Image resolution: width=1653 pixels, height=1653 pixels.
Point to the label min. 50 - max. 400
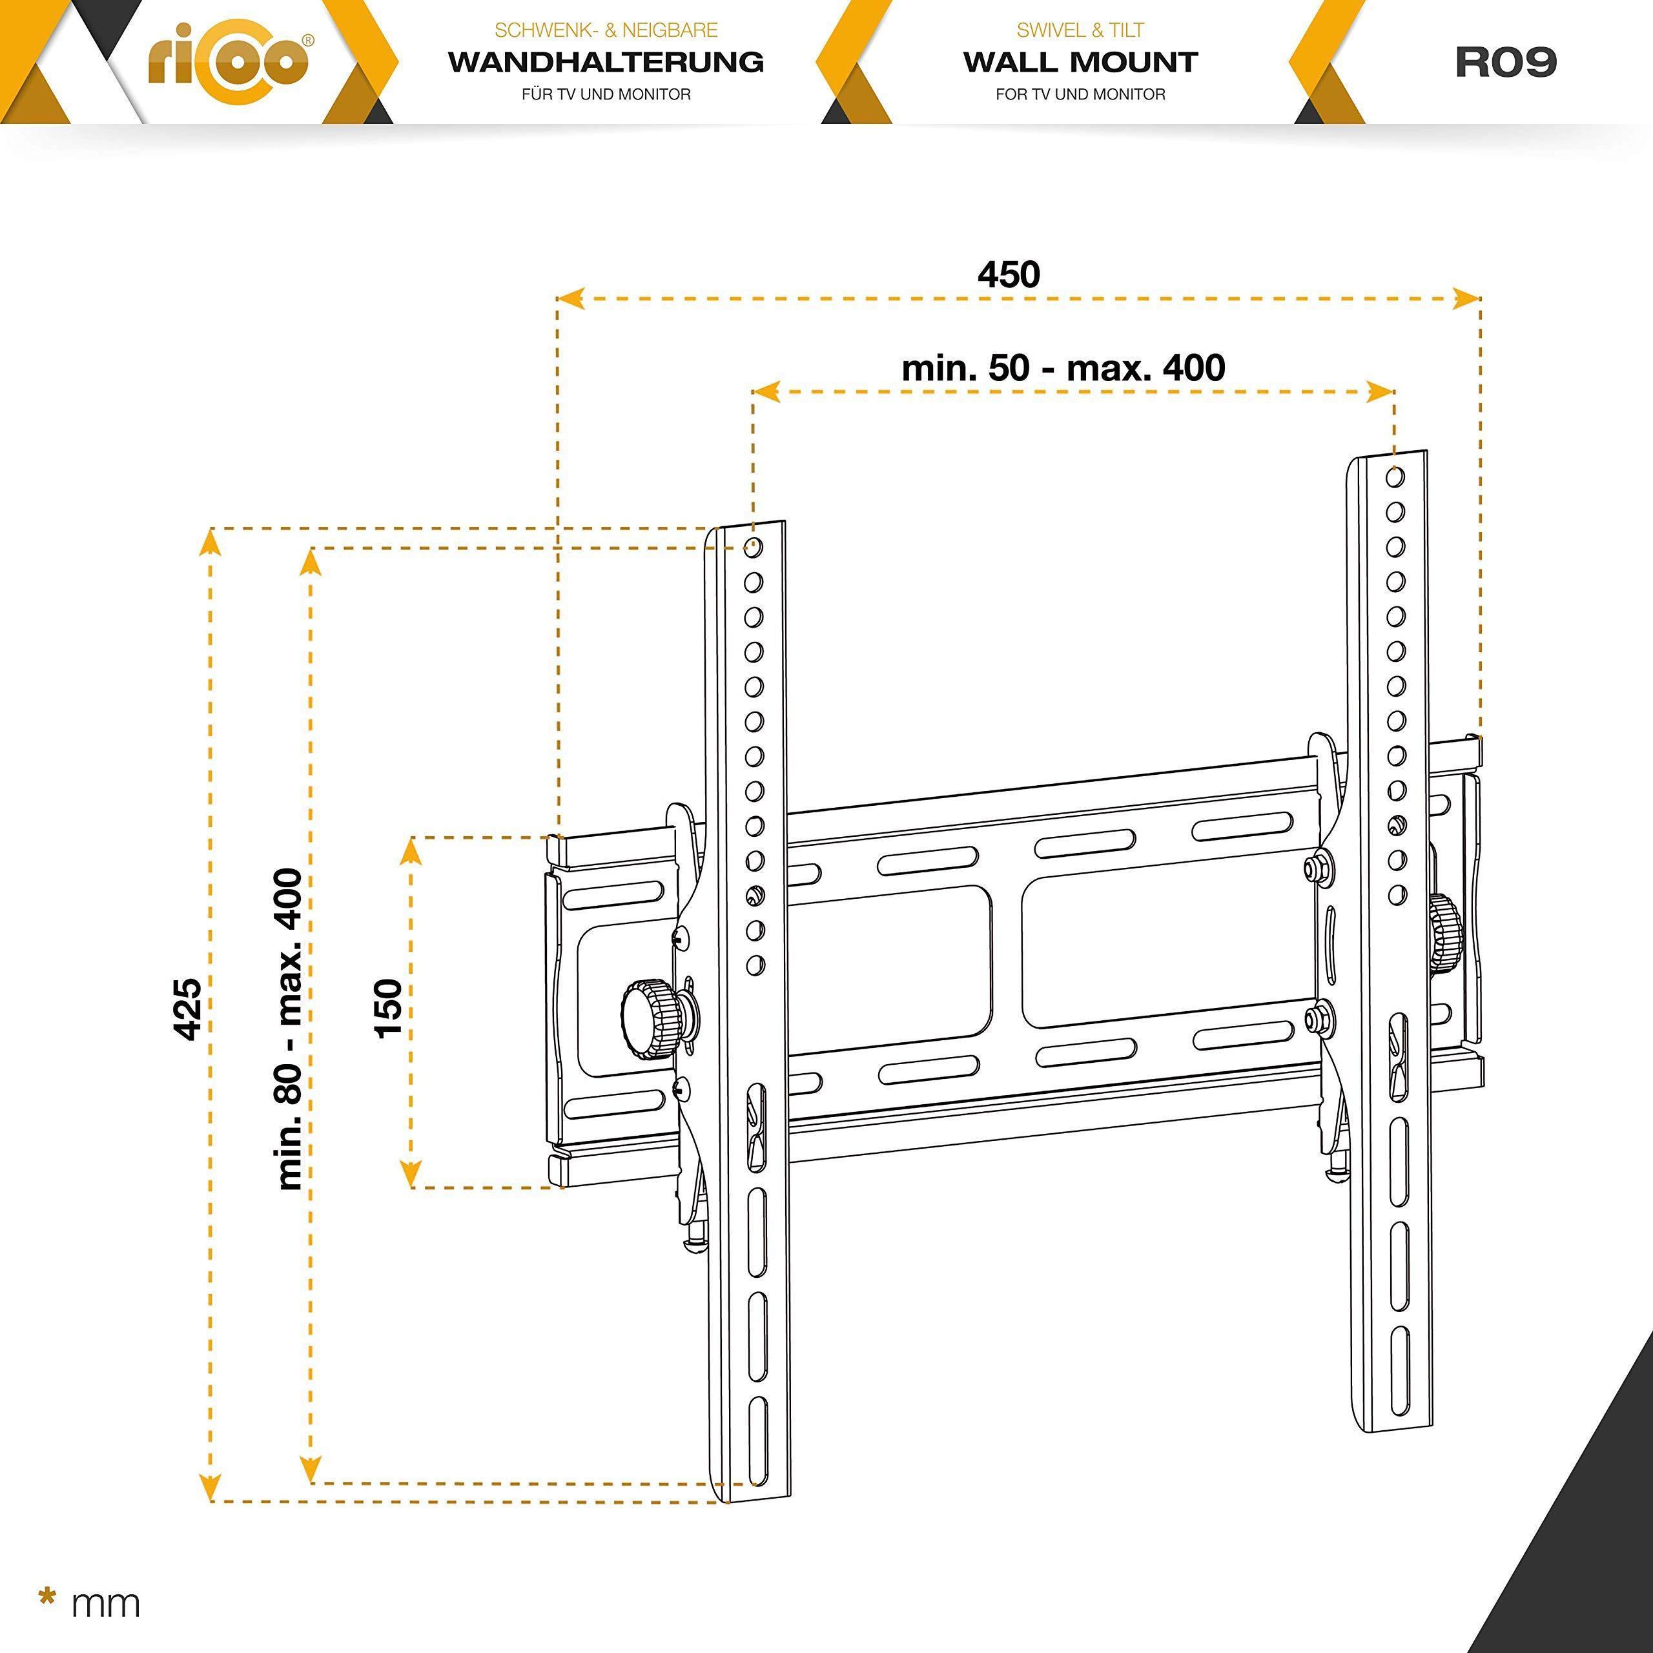tap(1063, 368)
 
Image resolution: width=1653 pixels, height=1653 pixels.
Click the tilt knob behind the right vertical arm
tap(1444, 932)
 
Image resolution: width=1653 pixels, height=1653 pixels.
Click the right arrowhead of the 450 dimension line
tap(1466, 298)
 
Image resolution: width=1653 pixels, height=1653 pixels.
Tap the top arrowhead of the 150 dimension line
tap(411, 850)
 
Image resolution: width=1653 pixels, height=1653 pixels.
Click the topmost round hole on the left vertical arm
tap(754, 548)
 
